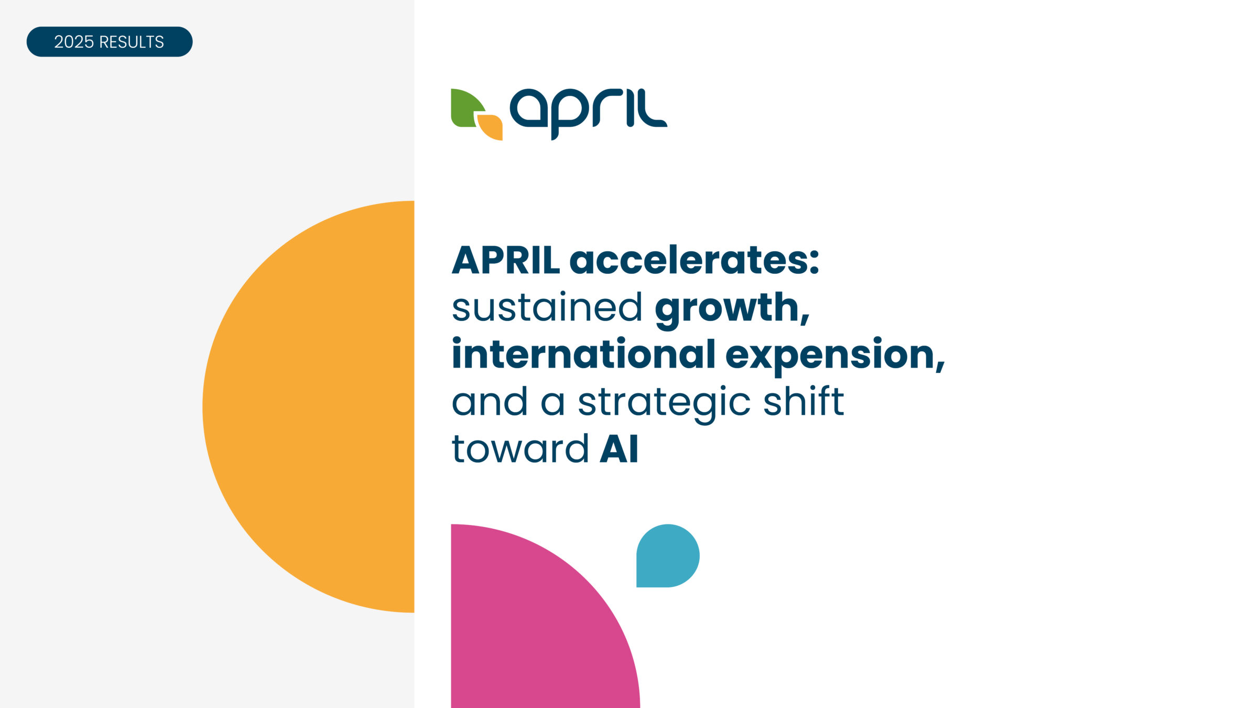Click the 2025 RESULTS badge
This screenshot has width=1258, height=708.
(x=110, y=41)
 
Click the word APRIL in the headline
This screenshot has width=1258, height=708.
(x=506, y=260)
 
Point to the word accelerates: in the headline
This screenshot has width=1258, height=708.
(x=695, y=260)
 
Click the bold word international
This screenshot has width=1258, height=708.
(x=583, y=354)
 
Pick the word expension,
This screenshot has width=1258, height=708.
(x=836, y=357)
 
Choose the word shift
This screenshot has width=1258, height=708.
(x=804, y=401)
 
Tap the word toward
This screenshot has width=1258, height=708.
(x=520, y=449)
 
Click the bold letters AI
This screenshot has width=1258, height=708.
(x=619, y=449)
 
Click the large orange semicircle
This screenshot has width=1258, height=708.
(x=308, y=406)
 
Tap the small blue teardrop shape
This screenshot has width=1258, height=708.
(x=668, y=555)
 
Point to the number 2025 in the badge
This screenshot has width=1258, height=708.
(x=74, y=42)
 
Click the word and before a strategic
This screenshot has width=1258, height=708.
(x=490, y=401)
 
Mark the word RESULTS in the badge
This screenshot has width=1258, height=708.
(x=132, y=42)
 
